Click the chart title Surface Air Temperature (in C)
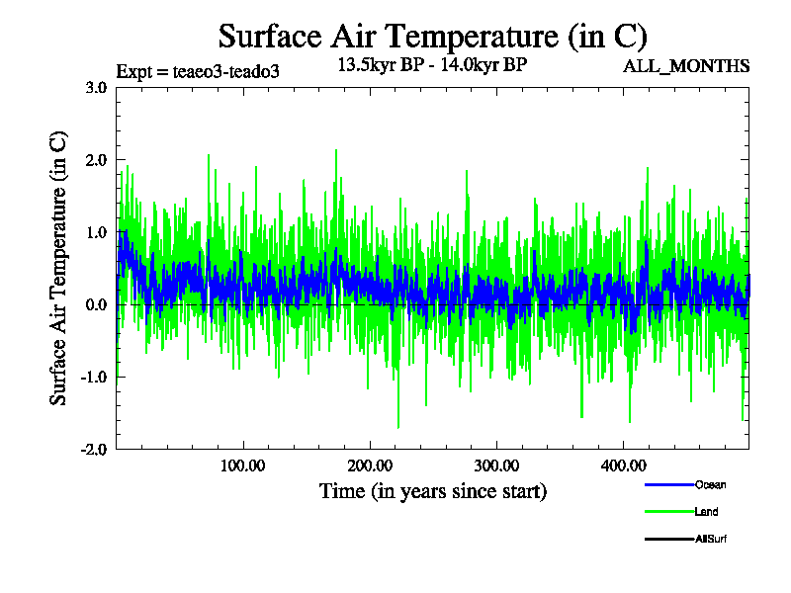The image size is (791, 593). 432,37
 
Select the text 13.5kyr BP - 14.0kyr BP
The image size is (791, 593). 432,66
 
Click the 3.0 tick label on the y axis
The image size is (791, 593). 96,87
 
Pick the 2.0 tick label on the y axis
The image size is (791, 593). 96,159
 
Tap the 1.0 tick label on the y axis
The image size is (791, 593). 96,232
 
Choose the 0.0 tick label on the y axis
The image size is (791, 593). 96,304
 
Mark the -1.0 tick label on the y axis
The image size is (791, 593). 94,377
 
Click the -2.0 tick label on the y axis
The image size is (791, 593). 94,449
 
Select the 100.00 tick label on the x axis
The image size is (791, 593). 242,466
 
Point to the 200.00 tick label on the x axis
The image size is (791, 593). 369,466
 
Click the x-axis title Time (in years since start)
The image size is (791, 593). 432,491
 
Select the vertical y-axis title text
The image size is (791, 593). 59,268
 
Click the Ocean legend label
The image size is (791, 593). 710,484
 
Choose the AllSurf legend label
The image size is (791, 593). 712,539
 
